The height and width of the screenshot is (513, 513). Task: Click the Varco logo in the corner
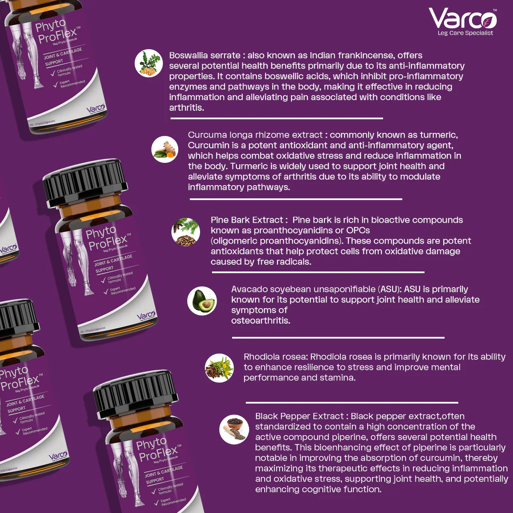[x=463, y=19]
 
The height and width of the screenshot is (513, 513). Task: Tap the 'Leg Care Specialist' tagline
[x=465, y=33]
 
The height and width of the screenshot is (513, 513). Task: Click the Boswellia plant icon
[x=148, y=63]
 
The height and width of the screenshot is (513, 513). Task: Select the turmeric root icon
[x=165, y=149]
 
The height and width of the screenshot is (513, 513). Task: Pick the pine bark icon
[x=186, y=232]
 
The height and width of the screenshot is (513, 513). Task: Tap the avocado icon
[x=202, y=301]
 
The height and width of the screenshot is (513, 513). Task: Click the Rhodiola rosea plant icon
[x=219, y=367]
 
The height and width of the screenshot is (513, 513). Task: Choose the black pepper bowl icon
[x=234, y=429]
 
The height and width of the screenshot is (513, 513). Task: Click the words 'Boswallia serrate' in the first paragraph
[x=204, y=56]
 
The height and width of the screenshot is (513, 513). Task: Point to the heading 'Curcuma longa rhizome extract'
[x=255, y=135]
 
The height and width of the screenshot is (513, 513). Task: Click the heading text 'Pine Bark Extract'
[x=247, y=220]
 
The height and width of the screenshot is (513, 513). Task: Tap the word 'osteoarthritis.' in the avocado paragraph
[x=260, y=321]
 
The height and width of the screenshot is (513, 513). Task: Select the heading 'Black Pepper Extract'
[x=299, y=416]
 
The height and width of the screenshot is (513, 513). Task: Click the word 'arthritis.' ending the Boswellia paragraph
[x=186, y=108]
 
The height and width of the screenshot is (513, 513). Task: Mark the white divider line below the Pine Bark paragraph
[x=317, y=272]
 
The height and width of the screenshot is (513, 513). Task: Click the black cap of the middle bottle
[x=85, y=184]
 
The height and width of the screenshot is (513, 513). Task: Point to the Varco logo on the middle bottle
[x=146, y=316]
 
